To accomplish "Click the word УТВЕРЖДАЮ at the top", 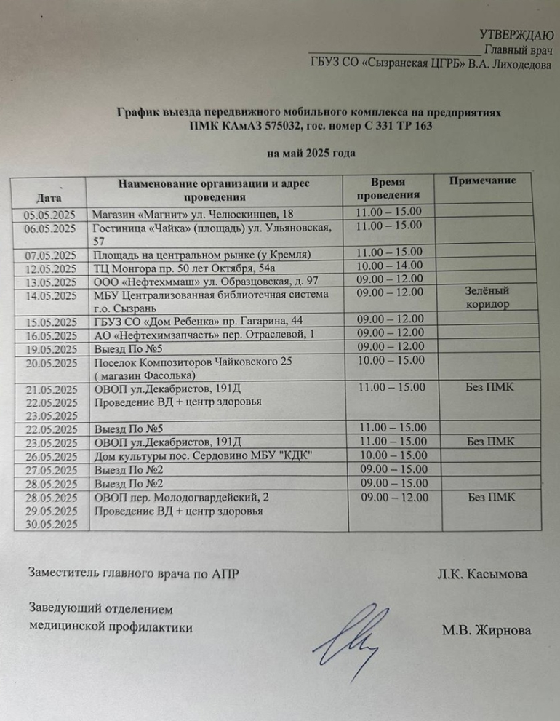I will (x=517, y=35).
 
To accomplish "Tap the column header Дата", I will (x=49, y=196).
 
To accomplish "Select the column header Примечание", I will (x=482, y=180).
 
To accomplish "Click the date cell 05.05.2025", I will (x=49, y=214).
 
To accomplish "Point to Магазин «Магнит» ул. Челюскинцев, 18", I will (x=193, y=214).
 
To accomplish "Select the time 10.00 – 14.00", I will (x=389, y=266).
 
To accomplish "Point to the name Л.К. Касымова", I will (x=482, y=574).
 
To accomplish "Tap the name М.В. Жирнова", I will (x=486, y=630).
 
